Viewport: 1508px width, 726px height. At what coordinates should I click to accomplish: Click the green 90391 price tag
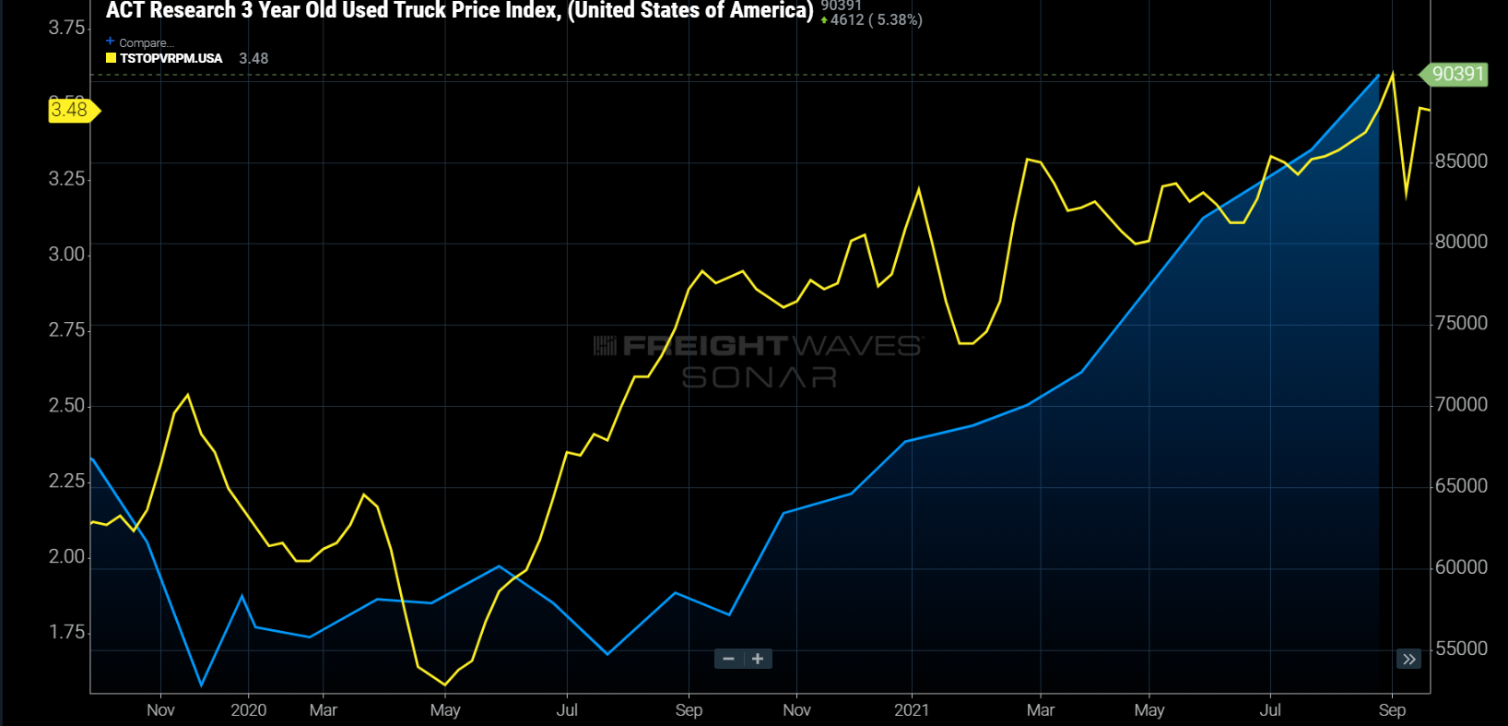point(1456,74)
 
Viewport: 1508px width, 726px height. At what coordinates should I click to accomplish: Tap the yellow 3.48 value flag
point(70,111)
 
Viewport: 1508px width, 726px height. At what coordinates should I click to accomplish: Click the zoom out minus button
point(729,659)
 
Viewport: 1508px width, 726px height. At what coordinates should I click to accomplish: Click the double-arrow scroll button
point(1408,659)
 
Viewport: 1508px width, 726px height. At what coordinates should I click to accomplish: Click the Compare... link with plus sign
point(140,42)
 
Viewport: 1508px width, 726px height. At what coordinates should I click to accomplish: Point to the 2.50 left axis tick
point(66,406)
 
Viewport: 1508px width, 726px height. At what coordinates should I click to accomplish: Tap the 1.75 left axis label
point(66,632)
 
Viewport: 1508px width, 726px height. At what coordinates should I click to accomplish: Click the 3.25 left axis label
point(66,178)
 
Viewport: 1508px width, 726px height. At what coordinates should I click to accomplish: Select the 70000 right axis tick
point(1461,404)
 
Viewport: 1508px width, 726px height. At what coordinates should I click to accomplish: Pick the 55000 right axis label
point(1461,649)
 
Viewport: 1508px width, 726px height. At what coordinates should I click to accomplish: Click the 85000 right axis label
point(1461,161)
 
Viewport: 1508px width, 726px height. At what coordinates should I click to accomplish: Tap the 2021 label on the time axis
point(911,710)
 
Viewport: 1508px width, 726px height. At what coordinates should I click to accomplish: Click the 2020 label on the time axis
point(248,710)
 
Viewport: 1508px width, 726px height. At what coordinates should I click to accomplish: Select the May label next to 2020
point(445,710)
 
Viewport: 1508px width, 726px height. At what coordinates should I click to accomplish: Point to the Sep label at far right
point(1392,710)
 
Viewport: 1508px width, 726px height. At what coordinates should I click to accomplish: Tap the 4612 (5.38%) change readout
point(876,20)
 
